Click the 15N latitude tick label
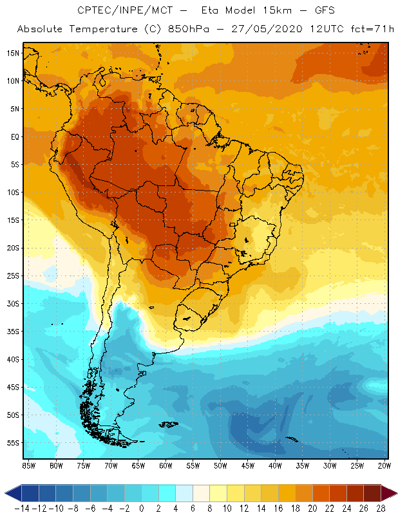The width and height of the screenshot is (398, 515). pyautogui.click(x=13, y=53)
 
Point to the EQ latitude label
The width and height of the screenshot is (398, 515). pyautogui.click(x=14, y=137)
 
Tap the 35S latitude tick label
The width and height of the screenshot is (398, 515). pyautogui.click(x=13, y=332)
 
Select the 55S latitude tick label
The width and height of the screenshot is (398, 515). pyautogui.click(x=13, y=443)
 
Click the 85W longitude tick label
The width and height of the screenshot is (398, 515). pyautogui.click(x=29, y=465)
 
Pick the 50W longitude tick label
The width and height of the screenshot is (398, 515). pyautogui.click(x=221, y=465)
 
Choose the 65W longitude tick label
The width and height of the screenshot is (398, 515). pyautogui.click(x=138, y=465)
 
